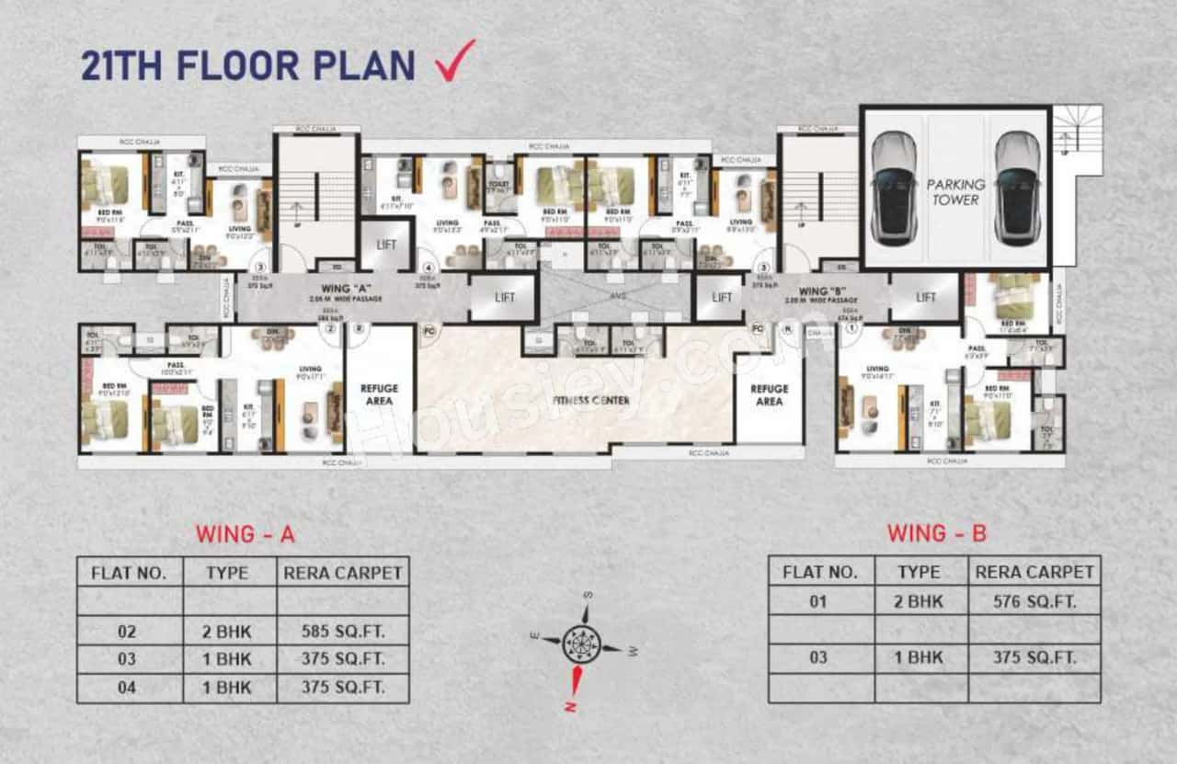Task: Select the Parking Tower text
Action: coord(955,191)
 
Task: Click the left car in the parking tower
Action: coord(893,188)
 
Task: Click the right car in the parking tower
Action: coord(1017,188)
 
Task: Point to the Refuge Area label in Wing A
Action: coord(379,394)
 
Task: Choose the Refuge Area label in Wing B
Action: coord(769,394)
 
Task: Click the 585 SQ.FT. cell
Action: coord(343,632)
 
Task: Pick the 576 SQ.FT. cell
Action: coord(1034,602)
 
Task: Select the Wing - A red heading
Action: coord(245,534)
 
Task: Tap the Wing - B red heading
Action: coord(936,532)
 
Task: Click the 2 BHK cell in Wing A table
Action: coord(228,632)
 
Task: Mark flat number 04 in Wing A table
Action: coord(127,687)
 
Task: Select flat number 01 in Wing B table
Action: coord(818,602)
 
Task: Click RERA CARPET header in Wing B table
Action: coord(1034,572)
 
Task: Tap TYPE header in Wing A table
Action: coord(228,573)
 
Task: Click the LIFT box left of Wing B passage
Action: coord(722,297)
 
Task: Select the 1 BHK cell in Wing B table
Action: coord(919,657)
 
